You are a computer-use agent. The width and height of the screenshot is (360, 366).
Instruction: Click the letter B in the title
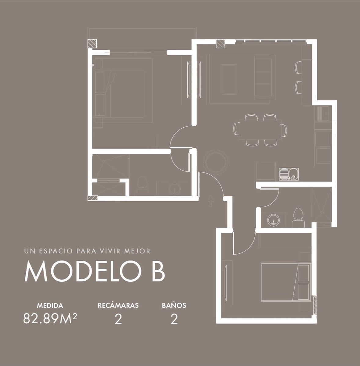point(158,271)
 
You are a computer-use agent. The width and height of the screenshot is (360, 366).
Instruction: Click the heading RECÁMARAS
point(118,305)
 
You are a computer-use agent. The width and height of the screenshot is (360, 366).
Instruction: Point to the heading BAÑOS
point(174,305)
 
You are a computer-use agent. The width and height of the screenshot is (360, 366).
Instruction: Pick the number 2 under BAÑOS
point(174,319)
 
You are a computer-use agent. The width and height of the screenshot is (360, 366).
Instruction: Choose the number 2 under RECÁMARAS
point(118,319)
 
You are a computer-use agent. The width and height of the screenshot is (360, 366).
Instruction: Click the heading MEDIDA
point(50,306)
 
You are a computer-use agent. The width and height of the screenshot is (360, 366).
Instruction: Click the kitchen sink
point(289,174)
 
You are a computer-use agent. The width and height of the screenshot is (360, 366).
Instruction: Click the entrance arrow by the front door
point(210,200)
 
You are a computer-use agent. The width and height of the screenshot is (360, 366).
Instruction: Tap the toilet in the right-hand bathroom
point(298,218)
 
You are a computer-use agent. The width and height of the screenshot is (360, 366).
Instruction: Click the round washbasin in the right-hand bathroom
point(274,220)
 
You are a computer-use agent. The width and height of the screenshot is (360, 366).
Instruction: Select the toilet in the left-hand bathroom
point(142,186)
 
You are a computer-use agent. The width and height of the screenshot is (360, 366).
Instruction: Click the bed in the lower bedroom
point(286,282)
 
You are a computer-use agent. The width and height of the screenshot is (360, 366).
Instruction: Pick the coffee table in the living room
point(230,79)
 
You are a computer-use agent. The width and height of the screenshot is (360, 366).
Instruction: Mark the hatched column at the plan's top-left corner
point(92,44)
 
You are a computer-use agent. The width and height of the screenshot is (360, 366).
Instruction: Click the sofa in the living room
point(263,79)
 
